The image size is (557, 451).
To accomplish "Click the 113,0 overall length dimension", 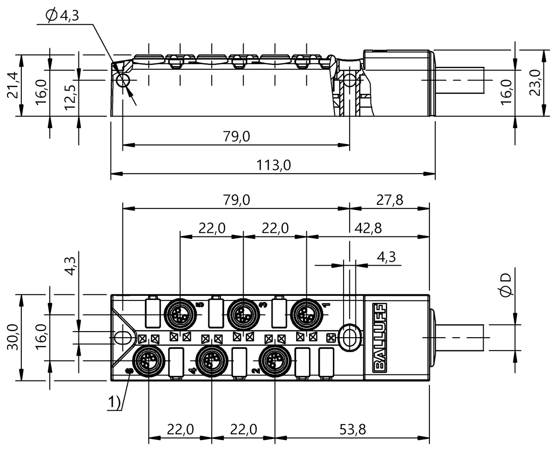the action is click(273, 165).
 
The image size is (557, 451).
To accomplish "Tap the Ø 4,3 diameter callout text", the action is click(62, 16).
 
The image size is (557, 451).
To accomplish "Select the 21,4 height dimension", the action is click(13, 85).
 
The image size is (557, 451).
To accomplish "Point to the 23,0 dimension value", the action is click(535, 82).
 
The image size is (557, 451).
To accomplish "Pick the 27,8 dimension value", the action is click(389, 200).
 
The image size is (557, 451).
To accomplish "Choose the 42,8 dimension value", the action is click(368, 229).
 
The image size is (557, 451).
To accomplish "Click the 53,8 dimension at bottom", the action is click(352, 429).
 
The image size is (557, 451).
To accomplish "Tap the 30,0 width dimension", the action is click(13, 338).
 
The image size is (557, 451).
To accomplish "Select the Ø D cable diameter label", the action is click(506, 285).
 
